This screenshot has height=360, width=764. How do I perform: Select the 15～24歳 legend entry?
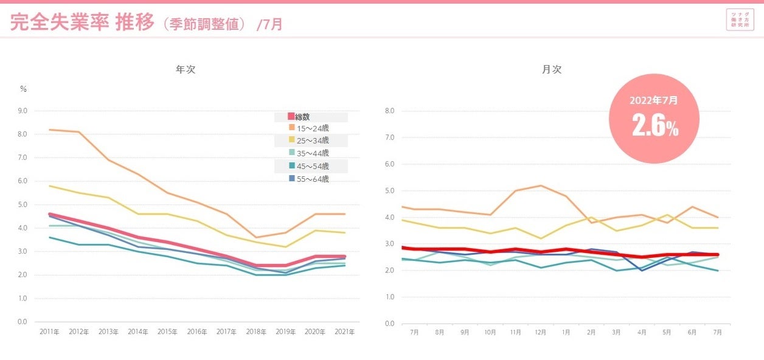coord(311,128)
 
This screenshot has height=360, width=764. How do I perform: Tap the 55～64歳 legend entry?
coord(311,179)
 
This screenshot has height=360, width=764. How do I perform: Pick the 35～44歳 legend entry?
coord(311,153)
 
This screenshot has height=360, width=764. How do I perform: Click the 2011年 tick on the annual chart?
coord(49,332)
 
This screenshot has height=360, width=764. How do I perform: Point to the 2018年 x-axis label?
coord(256,332)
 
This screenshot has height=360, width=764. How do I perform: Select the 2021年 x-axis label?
coord(345,332)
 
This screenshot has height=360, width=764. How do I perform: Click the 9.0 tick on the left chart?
coord(23,111)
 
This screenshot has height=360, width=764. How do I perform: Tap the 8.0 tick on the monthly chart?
coord(390,111)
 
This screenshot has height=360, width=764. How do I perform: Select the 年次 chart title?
coord(186,70)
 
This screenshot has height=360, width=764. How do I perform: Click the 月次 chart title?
coord(552,70)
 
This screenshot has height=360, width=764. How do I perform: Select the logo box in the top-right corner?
coord(740,19)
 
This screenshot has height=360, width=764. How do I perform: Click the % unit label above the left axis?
coord(24,89)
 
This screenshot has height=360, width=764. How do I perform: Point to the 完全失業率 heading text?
coord(59,23)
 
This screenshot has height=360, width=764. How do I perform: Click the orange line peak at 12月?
coord(541,185)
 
